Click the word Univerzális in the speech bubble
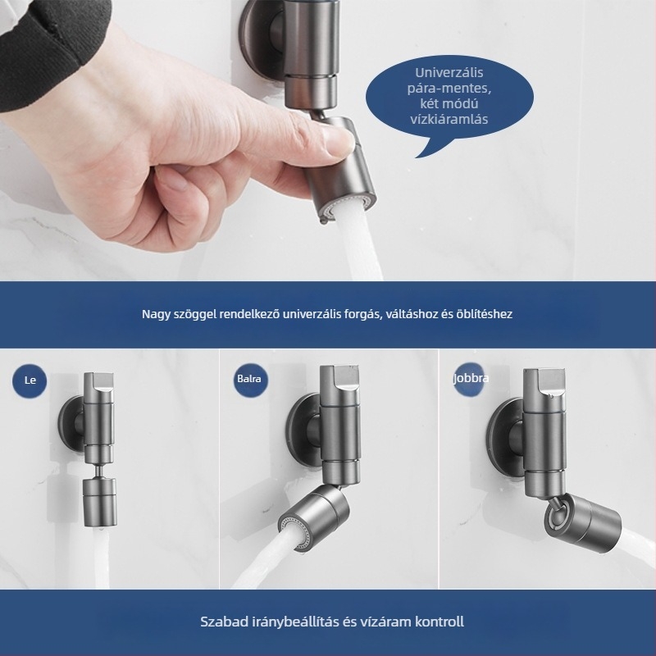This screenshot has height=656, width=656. [449, 72]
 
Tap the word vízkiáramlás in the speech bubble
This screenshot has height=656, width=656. [449, 119]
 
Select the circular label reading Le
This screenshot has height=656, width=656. [30, 380]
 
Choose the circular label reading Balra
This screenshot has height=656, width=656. [249, 379]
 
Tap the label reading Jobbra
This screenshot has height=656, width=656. [471, 378]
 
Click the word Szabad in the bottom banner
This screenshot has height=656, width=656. [223, 622]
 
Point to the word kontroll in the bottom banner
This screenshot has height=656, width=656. [440, 622]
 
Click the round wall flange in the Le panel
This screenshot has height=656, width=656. [71, 424]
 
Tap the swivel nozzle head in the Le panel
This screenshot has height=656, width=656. [99, 502]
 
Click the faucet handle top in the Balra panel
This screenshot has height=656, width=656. [339, 379]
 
